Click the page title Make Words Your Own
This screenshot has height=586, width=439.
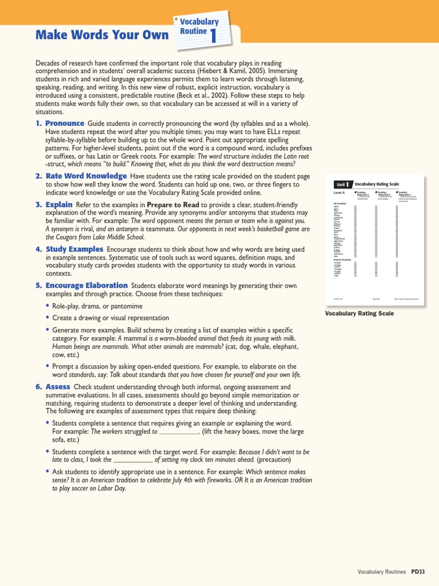coord(102,35)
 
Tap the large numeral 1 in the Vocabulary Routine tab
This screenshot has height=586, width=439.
coord(213,36)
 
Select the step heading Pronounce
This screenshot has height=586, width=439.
coord(65,124)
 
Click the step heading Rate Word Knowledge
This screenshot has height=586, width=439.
coord(86,176)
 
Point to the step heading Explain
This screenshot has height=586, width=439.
coord(59,205)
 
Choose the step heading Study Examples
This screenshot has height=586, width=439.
coord(74,250)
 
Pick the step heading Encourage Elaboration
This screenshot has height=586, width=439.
coord(86,286)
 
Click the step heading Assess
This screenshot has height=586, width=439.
coord(58,387)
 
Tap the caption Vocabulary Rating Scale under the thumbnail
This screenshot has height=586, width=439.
coord(359,314)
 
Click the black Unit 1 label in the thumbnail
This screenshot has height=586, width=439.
coord(343,184)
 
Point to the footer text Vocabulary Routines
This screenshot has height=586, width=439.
coord(381,572)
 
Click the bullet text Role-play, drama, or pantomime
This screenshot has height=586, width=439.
coord(97,307)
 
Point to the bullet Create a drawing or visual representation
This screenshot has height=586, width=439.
coord(110,318)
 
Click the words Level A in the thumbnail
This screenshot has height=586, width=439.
coord(340,193)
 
